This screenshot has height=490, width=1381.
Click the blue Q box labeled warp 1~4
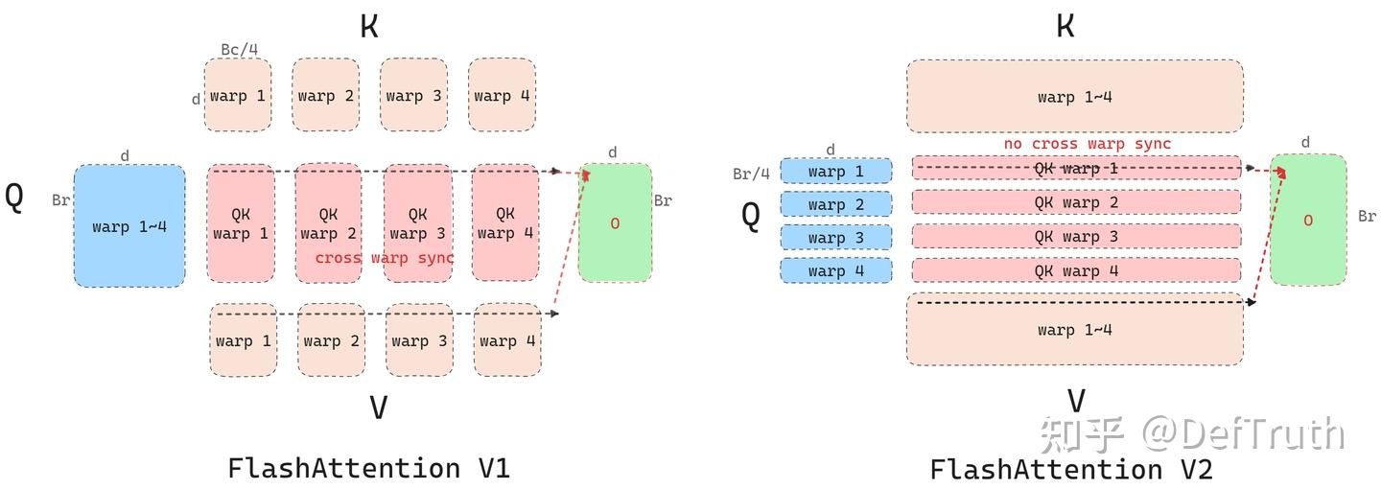click(x=129, y=226)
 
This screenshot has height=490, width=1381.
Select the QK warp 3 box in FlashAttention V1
click(x=417, y=222)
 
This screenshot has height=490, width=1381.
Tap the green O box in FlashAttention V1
click(x=615, y=222)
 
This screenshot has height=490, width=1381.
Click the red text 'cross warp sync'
click(x=385, y=258)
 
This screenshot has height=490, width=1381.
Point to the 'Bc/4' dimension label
click(x=239, y=49)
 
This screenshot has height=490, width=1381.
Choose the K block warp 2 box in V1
click(x=325, y=95)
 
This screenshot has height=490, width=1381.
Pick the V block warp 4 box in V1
click(x=506, y=340)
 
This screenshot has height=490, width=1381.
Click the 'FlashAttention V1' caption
click(x=368, y=468)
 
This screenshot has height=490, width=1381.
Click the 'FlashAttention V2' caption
click(x=1071, y=470)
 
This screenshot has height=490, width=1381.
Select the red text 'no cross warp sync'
click(x=1087, y=144)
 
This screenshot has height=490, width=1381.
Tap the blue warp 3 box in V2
click(x=835, y=238)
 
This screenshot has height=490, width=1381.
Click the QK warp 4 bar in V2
click(x=1076, y=270)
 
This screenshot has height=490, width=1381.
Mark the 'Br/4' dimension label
click(x=751, y=174)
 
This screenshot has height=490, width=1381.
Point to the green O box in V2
click(x=1307, y=220)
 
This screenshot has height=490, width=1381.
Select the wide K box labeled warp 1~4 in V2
click(x=1074, y=96)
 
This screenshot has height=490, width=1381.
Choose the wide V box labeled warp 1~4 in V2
click(x=1074, y=330)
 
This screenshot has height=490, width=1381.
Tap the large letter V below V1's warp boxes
click(x=378, y=408)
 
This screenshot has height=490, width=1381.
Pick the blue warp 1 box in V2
click(x=835, y=172)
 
